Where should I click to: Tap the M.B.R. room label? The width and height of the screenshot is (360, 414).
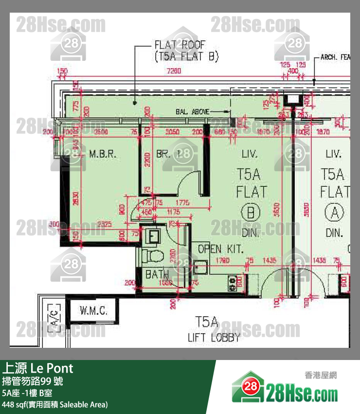tap(102, 154)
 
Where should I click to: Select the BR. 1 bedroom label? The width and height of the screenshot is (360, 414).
tap(169, 154)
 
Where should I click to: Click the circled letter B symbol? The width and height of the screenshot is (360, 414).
tap(251, 213)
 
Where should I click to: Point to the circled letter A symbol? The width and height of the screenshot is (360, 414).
tap(334, 213)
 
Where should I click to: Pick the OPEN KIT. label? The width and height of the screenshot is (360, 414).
tap(220, 249)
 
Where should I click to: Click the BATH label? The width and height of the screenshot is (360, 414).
tap(157, 274)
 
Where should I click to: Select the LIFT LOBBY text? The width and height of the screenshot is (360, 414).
tap(214, 337)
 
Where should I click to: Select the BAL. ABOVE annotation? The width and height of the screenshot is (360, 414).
tap(192, 112)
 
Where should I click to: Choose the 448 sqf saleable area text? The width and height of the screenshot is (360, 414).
tap(54, 404)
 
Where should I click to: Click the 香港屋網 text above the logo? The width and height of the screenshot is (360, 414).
tap(321, 375)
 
